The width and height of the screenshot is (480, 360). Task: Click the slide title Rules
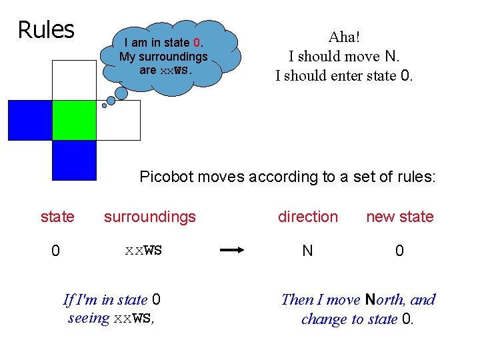coord(45,30)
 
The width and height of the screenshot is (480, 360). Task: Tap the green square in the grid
coord(74,120)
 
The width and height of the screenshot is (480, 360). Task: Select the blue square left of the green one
coord(29,120)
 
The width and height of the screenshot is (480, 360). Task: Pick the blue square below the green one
coord(74,161)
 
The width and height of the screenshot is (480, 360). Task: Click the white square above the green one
coord(74,80)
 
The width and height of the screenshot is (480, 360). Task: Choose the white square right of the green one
coord(119,120)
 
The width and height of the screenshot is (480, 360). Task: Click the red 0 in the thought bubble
coord(197,43)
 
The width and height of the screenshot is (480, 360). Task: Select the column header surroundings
coord(150,217)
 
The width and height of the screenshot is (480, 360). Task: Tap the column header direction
coord(308,217)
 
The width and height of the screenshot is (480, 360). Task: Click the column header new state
coord(399,217)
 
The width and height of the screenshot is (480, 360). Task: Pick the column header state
coord(58,217)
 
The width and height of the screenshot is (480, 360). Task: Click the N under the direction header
coord(307,251)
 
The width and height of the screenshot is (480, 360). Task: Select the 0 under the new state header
coord(399,251)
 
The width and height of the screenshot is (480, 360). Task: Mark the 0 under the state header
coord(57,251)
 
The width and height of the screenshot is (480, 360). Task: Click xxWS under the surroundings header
coord(143,251)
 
